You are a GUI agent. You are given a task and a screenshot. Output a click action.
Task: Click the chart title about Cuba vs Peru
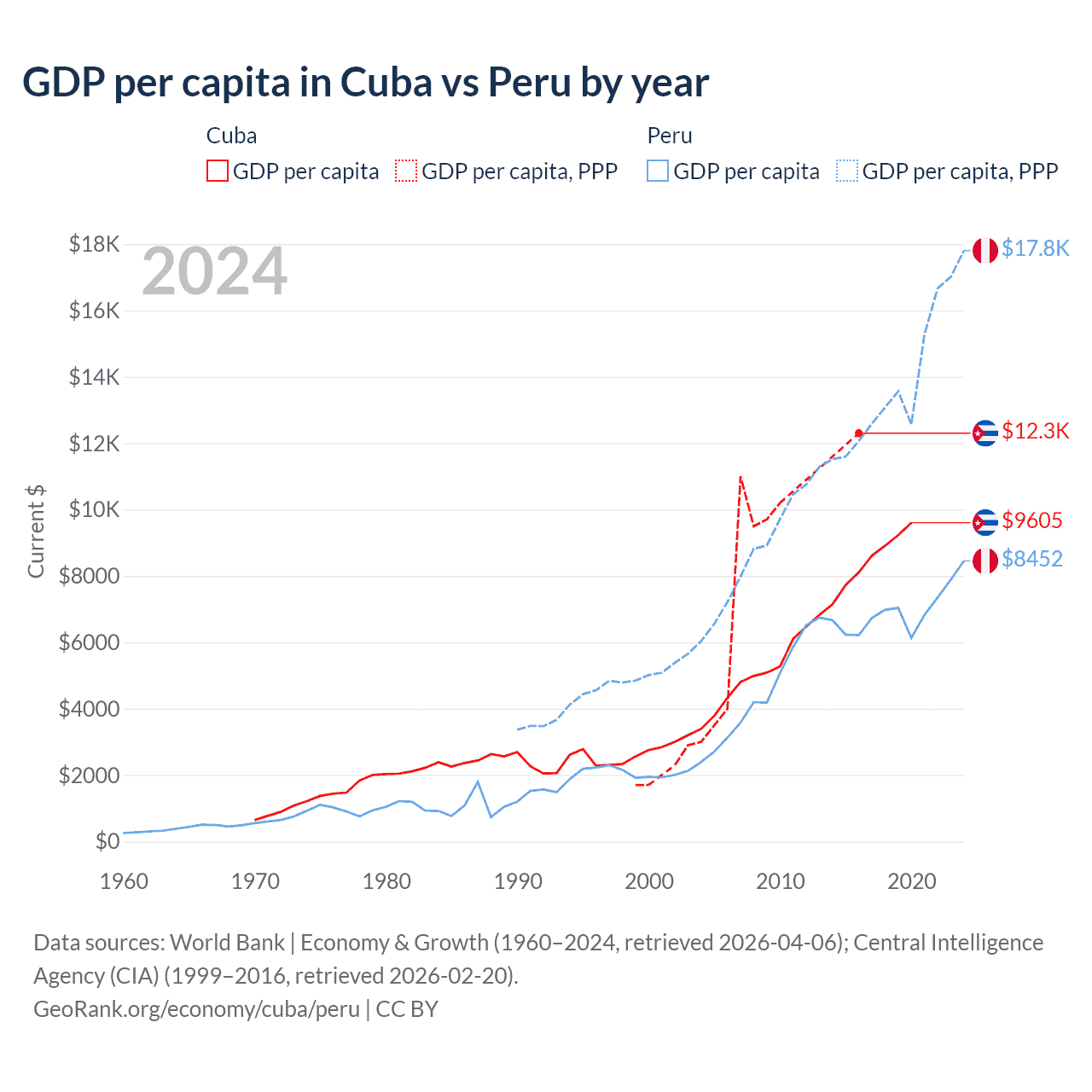tap(365, 83)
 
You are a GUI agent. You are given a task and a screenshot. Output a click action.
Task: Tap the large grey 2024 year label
tap(214, 272)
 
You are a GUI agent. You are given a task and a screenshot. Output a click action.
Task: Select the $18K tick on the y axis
tap(94, 245)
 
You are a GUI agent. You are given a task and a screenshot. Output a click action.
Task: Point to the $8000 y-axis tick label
tap(89, 577)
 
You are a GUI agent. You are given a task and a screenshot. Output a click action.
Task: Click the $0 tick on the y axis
tap(107, 842)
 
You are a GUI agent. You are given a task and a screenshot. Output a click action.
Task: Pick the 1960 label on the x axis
tap(125, 881)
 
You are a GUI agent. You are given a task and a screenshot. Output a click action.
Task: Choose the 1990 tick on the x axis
tap(518, 881)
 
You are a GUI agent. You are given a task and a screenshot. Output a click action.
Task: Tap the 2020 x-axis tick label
tap(912, 881)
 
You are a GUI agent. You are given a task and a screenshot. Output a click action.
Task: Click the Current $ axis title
tap(36, 531)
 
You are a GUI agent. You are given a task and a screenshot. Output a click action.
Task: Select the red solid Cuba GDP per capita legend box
tap(218, 171)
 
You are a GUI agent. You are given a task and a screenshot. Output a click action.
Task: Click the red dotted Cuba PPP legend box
tap(406, 171)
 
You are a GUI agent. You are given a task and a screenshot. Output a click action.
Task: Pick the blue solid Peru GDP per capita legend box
tap(658, 171)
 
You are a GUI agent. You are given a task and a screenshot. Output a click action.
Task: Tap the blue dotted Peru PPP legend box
tap(847, 171)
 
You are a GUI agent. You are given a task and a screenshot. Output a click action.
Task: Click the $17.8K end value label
tap(1035, 248)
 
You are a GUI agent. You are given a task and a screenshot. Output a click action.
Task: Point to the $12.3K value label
tap(1035, 431)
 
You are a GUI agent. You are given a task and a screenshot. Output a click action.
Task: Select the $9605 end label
tap(1032, 520)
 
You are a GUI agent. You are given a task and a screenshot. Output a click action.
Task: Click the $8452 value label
tap(1032, 559)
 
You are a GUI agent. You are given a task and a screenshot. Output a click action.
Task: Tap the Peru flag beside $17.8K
tap(985, 250)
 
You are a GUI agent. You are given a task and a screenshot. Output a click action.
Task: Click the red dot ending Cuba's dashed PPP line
tap(858, 433)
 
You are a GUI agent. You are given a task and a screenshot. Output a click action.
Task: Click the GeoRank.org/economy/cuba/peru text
tap(196, 1009)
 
